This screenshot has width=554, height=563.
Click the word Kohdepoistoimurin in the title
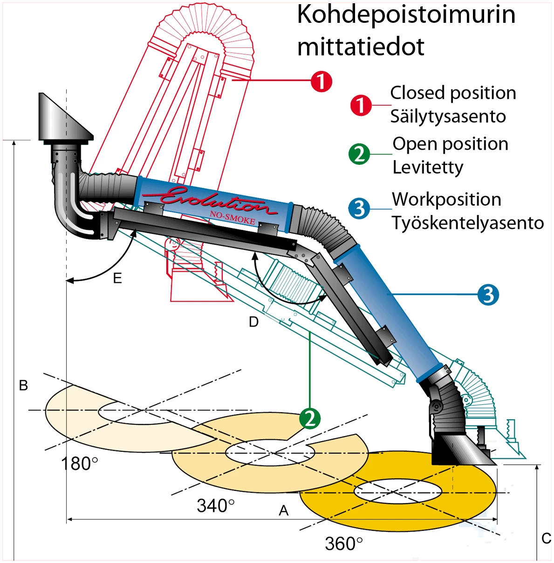[x=406, y=15]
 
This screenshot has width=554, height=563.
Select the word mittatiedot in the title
[x=361, y=47]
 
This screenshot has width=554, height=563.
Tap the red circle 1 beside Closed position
[x=361, y=105]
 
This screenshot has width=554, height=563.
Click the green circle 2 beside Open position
[x=359, y=154]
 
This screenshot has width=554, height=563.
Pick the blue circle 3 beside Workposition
[x=359, y=208]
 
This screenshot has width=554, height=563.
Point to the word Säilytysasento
[x=448, y=116]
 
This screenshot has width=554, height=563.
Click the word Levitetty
[x=428, y=167]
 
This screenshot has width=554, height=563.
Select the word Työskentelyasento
[x=467, y=223]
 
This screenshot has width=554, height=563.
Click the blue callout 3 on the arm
[x=488, y=295]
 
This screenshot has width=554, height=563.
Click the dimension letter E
[x=117, y=278]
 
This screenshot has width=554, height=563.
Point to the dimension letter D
[x=253, y=322]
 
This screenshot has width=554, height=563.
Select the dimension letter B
[x=23, y=385]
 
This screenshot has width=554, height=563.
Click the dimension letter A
[x=283, y=511]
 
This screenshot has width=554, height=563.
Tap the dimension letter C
[x=547, y=538]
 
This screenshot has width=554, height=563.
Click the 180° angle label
[x=80, y=464]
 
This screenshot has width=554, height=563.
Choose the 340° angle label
[x=215, y=505]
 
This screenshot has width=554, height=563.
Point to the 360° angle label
[x=343, y=543]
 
